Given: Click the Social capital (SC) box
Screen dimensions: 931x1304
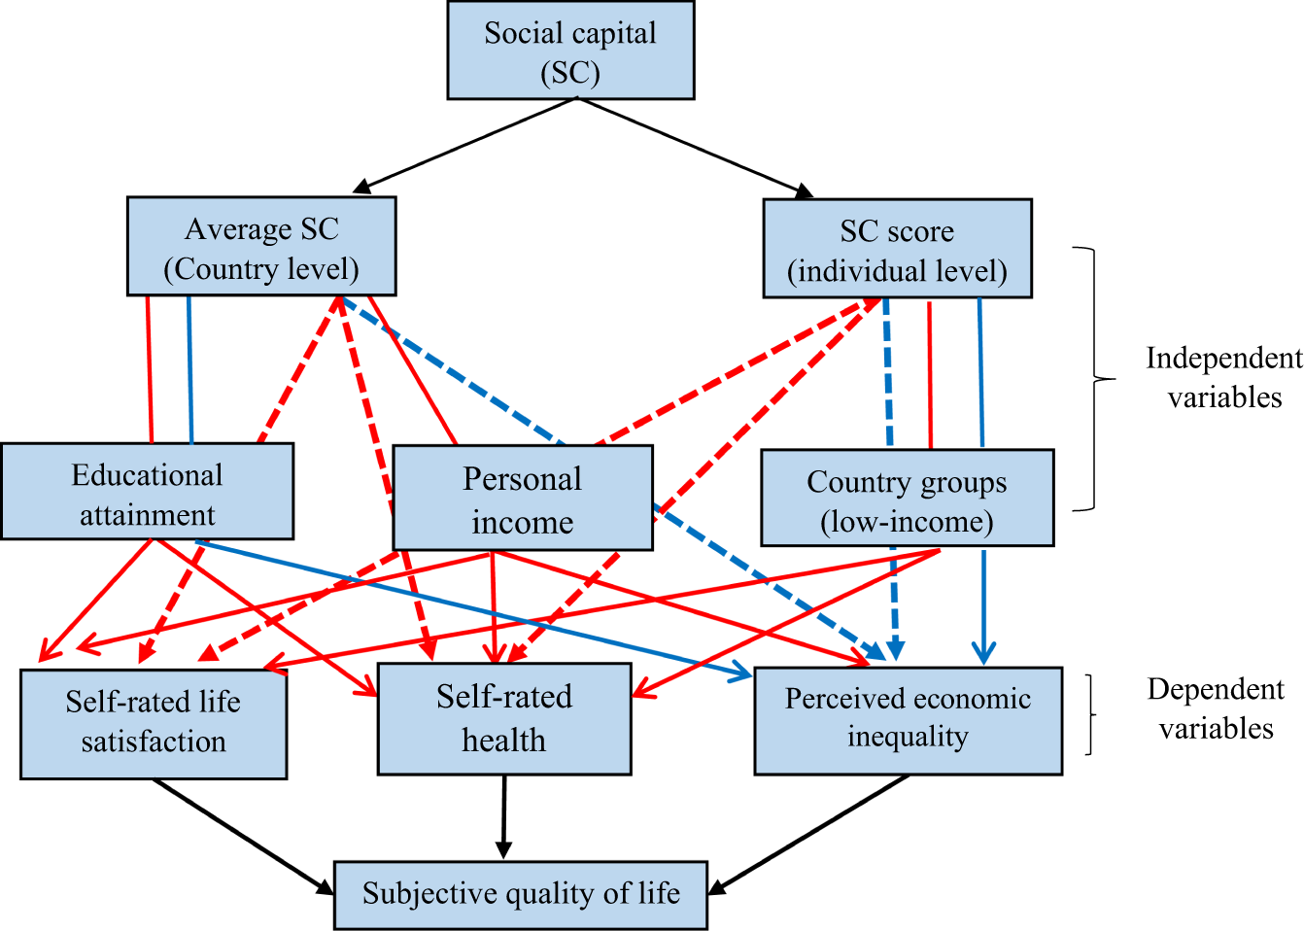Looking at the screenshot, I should click(570, 51).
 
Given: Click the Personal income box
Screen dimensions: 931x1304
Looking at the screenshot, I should click(523, 499).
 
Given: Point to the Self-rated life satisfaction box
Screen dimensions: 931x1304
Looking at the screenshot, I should click(154, 724).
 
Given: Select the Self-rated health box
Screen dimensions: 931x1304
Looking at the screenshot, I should click(504, 719).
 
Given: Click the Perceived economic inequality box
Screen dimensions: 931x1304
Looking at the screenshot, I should click(908, 720).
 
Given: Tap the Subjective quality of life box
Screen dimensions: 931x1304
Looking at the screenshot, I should click(521, 894).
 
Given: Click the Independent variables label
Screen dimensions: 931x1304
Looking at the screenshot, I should click(1223, 377).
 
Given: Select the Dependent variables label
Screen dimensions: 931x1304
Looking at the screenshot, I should click(1216, 708).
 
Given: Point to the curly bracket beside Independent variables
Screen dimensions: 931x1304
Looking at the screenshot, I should click(1094, 379).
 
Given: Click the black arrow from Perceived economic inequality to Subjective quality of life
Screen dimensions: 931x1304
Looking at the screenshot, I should click(810, 834).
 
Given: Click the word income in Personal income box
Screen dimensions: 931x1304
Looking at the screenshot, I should click(523, 522).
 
